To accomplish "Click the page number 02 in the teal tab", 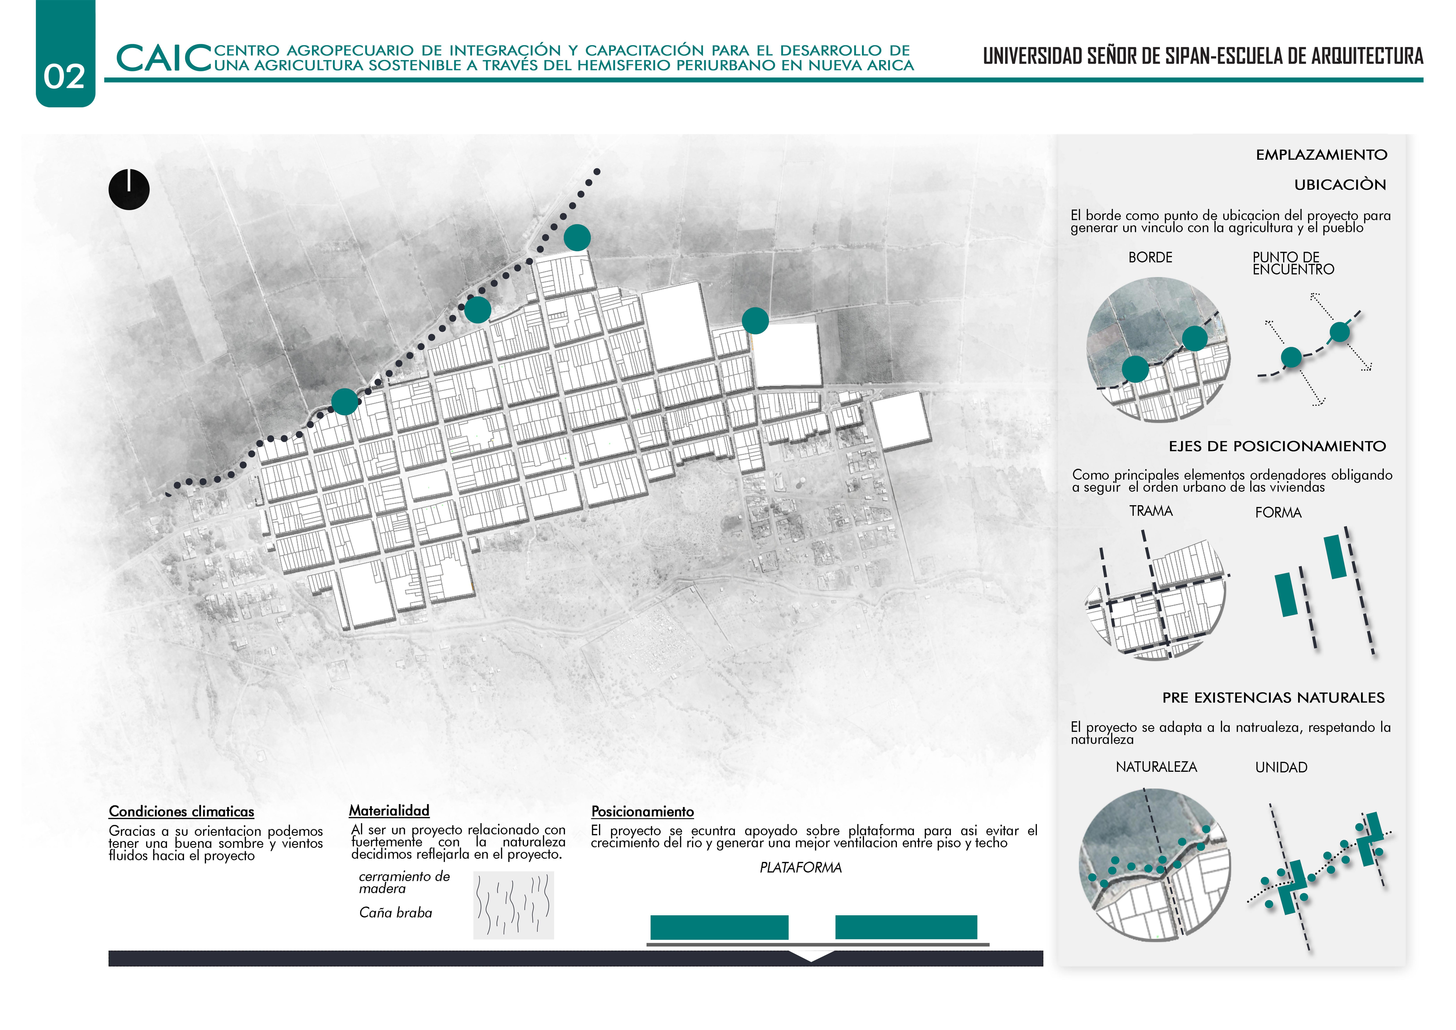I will (64, 77).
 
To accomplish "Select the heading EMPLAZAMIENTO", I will (1321, 155).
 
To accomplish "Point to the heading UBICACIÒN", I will (1340, 184).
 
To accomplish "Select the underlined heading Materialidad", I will (389, 810).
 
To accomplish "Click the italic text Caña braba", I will (395, 913).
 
